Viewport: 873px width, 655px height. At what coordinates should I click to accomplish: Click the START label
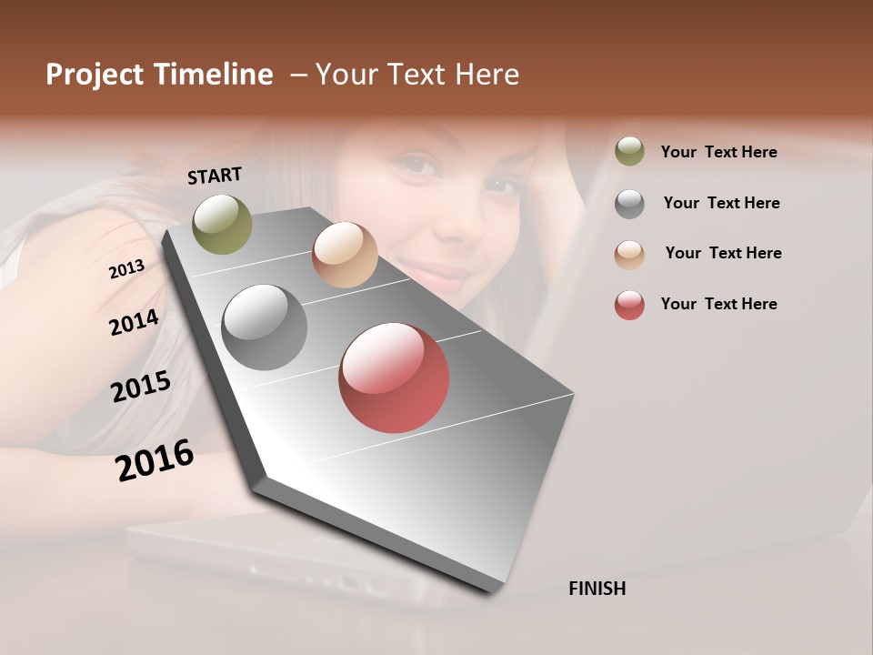tap(215, 176)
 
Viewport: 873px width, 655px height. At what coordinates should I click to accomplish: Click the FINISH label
tap(597, 589)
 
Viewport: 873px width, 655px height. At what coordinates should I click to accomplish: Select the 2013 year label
tap(126, 269)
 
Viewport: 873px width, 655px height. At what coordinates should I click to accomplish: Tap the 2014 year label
tap(134, 322)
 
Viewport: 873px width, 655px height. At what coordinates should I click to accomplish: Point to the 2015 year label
tap(140, 387)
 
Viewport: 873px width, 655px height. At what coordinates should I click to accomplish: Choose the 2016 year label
tap(155, 459)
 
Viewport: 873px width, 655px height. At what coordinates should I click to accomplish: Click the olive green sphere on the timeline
tap(222, 224)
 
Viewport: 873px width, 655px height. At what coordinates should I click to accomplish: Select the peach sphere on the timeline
tap(345, 255)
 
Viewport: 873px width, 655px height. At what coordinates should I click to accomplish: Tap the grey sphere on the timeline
tap(265, 327)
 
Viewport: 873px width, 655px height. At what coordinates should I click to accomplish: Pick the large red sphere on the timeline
tap(394, 378)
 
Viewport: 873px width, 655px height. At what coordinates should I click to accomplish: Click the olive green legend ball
tap(629, 152)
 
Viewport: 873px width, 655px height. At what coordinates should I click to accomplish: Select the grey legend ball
tap(629, 204)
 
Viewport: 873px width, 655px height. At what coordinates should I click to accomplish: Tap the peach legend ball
tap(629, 254)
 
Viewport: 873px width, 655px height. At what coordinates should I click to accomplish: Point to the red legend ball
tap(629, 305)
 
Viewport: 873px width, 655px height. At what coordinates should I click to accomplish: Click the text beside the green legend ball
tap(718, 152)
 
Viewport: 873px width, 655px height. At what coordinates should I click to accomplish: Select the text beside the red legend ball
tap(718, 304)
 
